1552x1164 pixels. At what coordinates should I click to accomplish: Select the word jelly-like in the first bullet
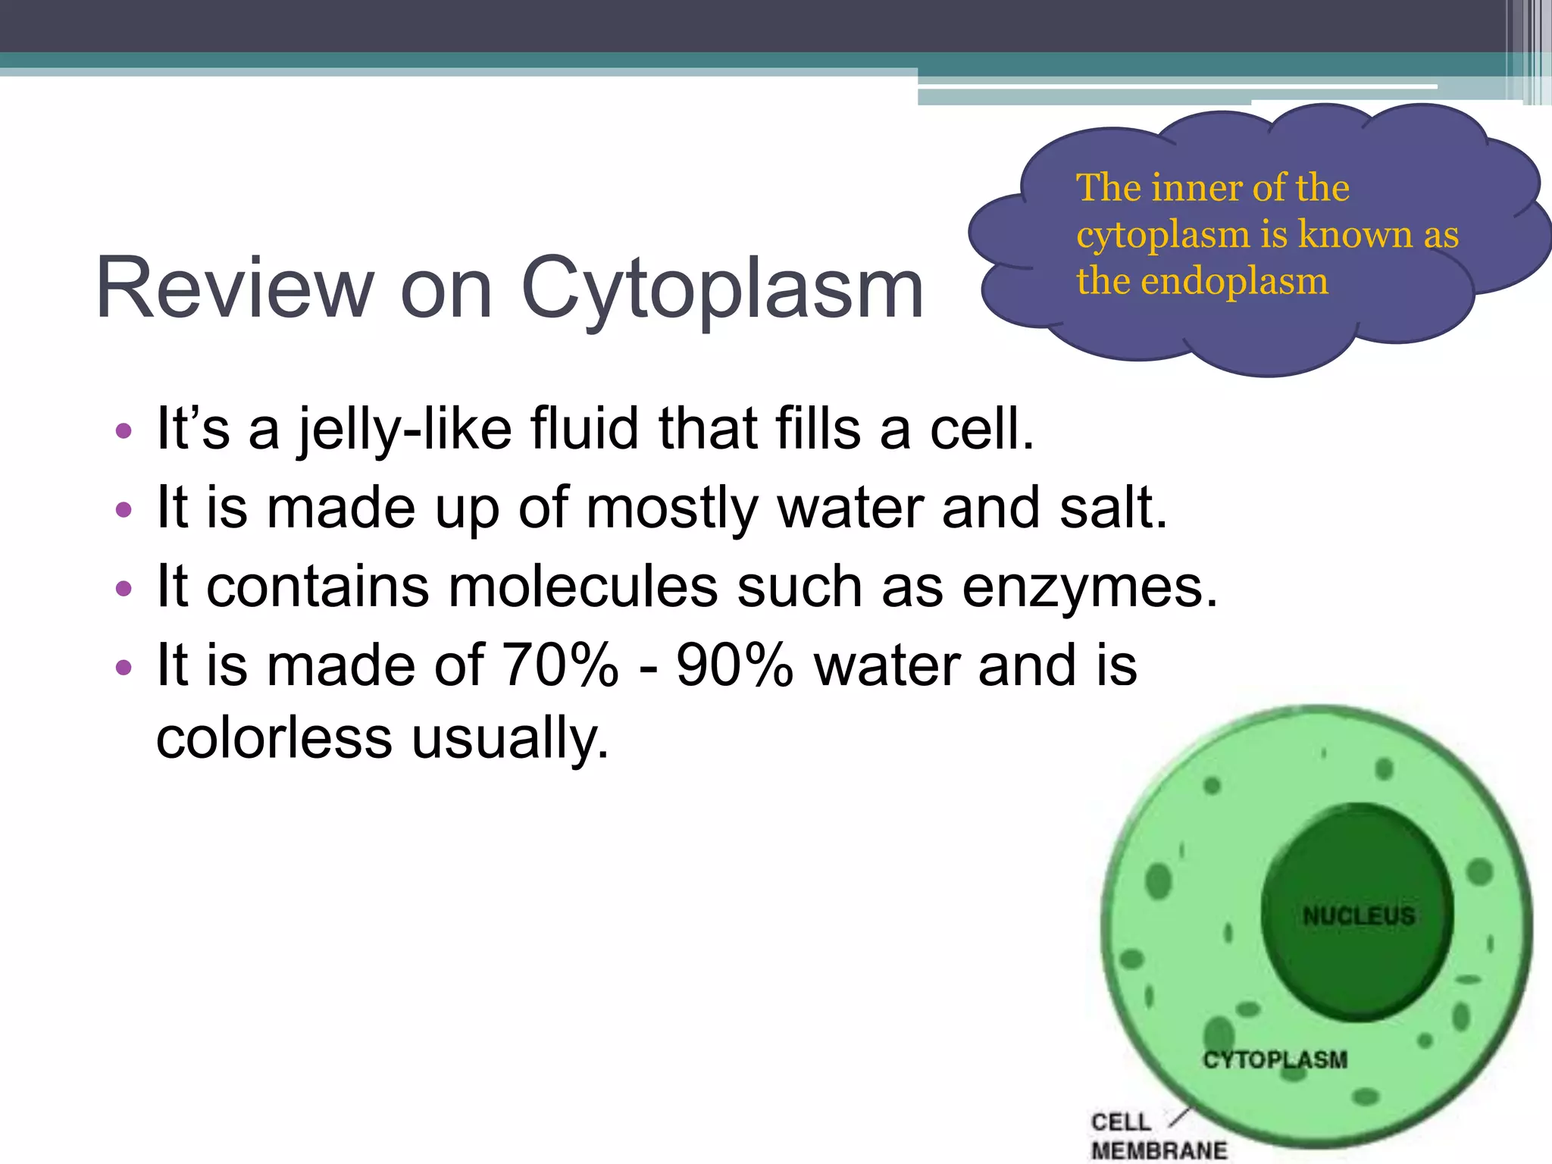click(x=405, y=430)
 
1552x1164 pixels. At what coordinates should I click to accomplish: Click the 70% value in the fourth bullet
click(x=560, y=666)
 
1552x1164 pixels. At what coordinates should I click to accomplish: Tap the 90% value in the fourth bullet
click(x=734, y=666)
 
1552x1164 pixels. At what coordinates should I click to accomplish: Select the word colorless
click(x=274, y=738)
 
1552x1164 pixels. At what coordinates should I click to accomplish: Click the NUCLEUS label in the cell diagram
click(x=1358, y=916)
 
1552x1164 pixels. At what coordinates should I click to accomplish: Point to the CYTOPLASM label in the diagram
click(x=1275, y=1059)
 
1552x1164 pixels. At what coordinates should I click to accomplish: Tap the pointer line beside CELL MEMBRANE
click(x=1179, y=1116)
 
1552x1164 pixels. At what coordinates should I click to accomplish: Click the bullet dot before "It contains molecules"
click(x=124, y=588)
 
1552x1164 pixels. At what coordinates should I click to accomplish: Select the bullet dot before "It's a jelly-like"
click(x=124, y=432)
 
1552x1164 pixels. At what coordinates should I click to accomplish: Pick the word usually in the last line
click(x=510, y=738)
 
